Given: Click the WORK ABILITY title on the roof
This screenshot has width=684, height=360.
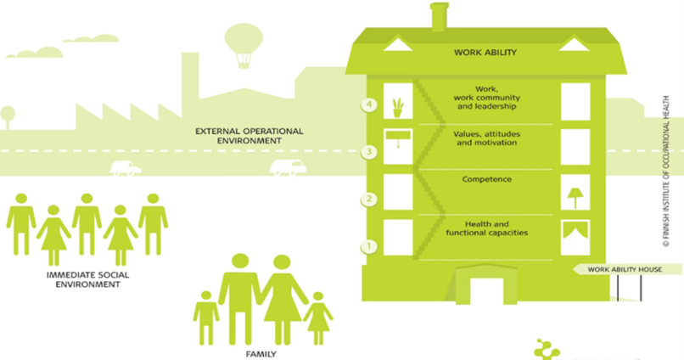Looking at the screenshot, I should pyautogui.click(x=485, y=53).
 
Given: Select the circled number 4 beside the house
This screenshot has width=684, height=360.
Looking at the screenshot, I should pyautogui.click(x=367, y=104).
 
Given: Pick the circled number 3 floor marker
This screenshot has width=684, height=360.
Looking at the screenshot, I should pyautogui.click(x=367, y=152).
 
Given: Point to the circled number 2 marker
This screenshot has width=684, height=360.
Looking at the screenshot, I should pyautogui.click(x=367, y=200).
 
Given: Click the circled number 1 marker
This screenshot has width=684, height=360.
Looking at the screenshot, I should pyautogui.click(x=367, y=247).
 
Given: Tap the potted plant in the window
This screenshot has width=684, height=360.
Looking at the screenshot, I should pyautogui.click(x=397, y=107).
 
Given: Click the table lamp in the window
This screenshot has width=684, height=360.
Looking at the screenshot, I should pyautogui.click(x=575, y=197).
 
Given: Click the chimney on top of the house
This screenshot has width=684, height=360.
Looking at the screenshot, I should pyautogui.click(x=440, y=16).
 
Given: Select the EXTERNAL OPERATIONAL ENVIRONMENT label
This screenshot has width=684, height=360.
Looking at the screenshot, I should pyautogui.click(x=238, y=136).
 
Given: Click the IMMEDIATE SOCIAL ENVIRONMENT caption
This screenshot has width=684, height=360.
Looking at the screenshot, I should pyautogui.click(x=83, y=280).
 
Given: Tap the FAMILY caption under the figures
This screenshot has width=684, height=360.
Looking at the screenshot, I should pyautogui.click(x=261, y=353).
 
